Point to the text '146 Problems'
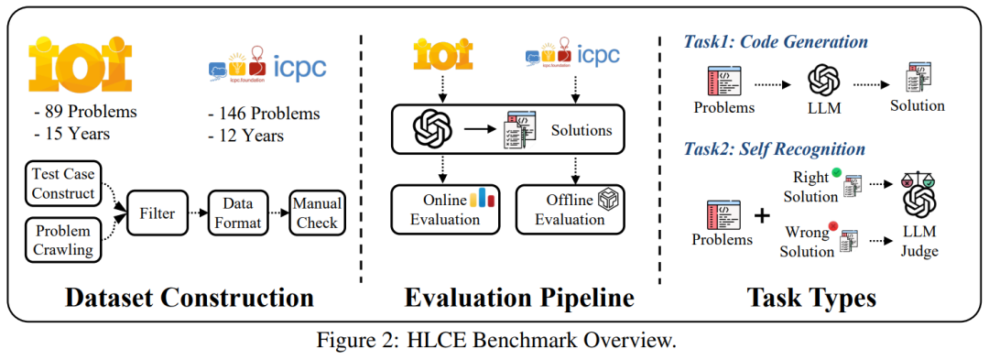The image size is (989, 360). (x=269, y=114)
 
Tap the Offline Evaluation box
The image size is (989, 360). (x=567, y=209)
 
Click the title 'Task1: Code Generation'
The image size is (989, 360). (x=776, y=41)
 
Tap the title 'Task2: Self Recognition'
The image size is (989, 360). (x=774, y=147)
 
